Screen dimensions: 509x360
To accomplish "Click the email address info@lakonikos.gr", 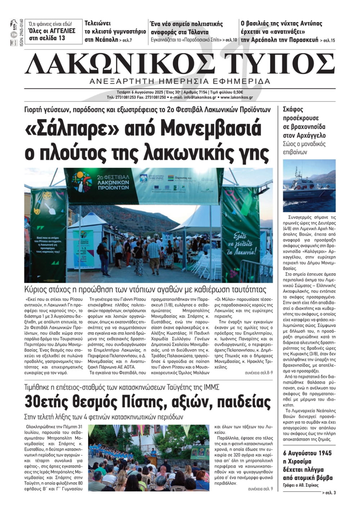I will pyautogui.click(x=200, y=97).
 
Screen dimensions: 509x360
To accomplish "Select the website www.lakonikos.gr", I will pyautogui.click(x=237, y=97).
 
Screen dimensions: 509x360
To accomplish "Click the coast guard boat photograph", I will pyautogui.click(x=309, y=186).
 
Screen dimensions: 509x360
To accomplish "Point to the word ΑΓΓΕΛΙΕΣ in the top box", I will pyautogui.click(x=60, y=31).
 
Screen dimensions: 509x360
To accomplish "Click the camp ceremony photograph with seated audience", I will pyautogui.click(x=148, y=458).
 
